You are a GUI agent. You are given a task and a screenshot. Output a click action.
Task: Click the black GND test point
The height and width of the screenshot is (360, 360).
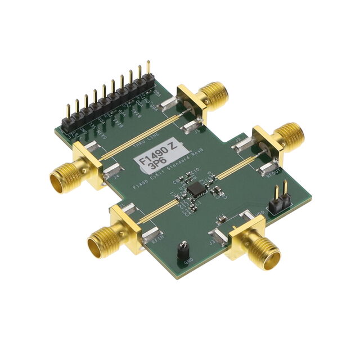[x=183, y=248]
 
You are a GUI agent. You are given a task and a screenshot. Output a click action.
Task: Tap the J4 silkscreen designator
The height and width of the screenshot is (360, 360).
[x=116, y=176]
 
